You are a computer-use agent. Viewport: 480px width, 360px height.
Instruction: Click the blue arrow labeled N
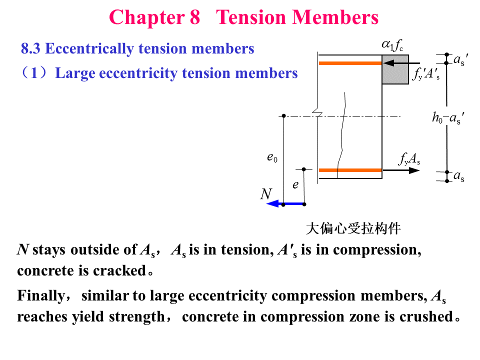(x=285, y=204)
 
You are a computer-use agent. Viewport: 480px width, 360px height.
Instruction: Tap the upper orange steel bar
(x=350, y=63)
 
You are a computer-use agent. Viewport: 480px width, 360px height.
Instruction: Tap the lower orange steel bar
(x=350, y=170)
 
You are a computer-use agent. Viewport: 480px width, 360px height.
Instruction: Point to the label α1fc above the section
(x=392, y=46)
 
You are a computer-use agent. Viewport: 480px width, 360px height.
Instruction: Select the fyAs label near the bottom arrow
(x=409, y=159)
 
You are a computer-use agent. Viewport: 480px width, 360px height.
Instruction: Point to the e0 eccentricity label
(x=272, y=158)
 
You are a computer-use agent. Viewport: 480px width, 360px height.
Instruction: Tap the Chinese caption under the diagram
(x=353, y=229)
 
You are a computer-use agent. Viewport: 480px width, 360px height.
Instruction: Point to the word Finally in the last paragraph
(x=40, y=296)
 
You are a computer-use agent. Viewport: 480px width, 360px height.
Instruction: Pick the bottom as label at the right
(x=458, y=176)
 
